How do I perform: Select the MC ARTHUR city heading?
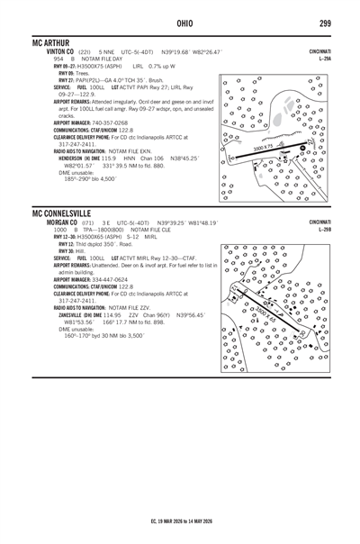[x=53, y=43]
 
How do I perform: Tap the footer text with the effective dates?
[x=180, y=521]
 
